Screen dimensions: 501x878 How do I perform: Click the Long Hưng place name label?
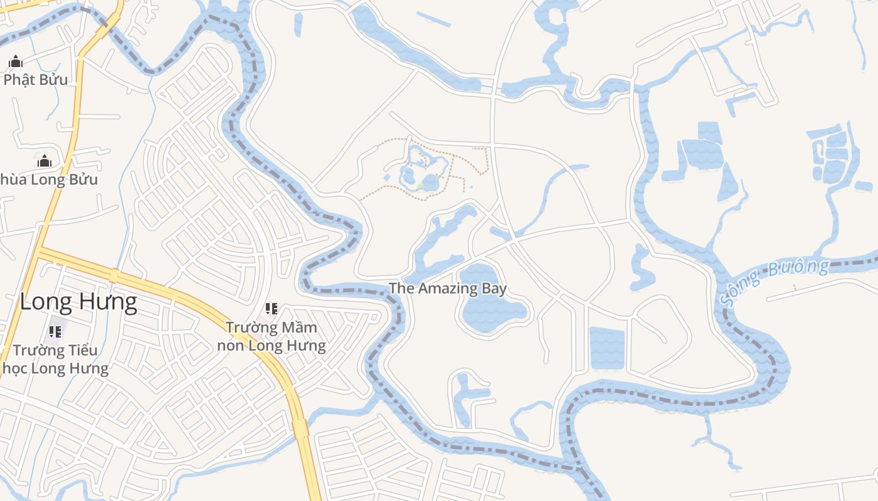coord(78,302)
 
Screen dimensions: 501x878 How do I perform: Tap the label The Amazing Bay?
coord(448,288)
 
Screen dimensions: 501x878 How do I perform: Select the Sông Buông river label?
coord(775,282)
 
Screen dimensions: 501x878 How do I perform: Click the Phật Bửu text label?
coord(36,80)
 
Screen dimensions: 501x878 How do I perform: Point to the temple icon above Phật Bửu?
coord(16,61)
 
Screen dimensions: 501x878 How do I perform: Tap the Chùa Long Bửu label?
coord(49,180)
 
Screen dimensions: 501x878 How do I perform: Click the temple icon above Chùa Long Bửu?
coord(44,162)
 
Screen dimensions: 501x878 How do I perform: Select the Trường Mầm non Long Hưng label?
coord(271,336)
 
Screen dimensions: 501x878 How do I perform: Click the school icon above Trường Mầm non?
coord(271,308)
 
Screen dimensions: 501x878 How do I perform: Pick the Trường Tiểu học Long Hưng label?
coord(55,359)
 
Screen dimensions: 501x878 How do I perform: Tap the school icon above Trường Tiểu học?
coord(55,332)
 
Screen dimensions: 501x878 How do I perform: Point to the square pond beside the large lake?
coord(607,348)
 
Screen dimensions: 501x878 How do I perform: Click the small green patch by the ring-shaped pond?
coord(420,187)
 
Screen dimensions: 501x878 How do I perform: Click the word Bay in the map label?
coord(495,289)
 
